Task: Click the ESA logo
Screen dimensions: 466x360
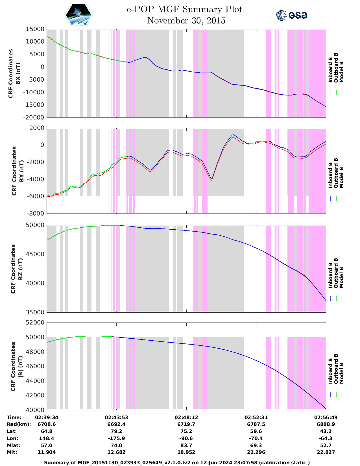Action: click(291, 15)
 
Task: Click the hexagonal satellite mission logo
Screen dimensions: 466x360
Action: click(78, 15)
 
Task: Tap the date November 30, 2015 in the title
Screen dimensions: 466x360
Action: click(186, 21)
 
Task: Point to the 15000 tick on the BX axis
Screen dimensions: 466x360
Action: click(35, 29)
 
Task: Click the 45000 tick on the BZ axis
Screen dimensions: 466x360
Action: click(35, 254)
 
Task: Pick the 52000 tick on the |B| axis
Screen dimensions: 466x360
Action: click(35, 323)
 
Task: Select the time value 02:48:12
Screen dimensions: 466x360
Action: click(186, 417)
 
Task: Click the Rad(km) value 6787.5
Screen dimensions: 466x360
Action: click(256, 424)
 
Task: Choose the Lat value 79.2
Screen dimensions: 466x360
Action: click(116, 431)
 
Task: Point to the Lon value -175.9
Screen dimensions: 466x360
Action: click(116, 438)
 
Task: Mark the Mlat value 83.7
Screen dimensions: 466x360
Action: click(186, 445)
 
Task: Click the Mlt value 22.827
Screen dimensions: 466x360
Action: click(326, 452)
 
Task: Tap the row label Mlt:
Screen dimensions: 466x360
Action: click(12, 452)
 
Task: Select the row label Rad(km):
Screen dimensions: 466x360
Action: click(19, 424)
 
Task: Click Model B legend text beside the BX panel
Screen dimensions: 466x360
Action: click(341, 72)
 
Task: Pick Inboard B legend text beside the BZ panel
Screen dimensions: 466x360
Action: click(330, 275)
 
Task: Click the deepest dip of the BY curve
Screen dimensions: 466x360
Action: click(211, 180)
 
